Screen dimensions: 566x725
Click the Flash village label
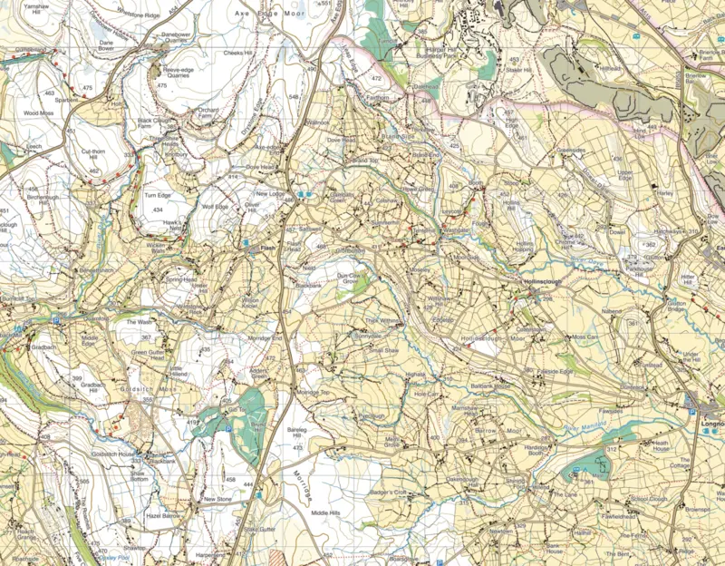click(x=266, y=247)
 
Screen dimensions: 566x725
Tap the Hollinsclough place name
click(x=544, y=282)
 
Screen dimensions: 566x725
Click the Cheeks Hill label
click(x=238, y=53)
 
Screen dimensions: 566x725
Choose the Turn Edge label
click(x=158, y=195)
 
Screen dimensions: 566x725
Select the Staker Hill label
click(x=517, y=69)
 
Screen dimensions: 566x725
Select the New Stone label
click(x=217, y=498)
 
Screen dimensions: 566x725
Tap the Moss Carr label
click(x=585, y=337)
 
